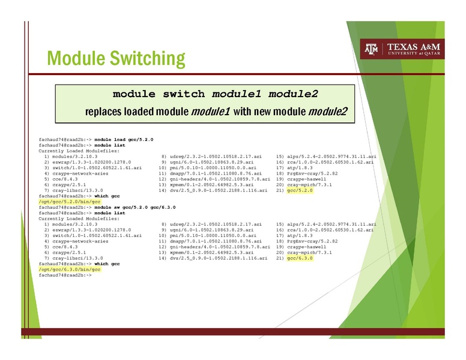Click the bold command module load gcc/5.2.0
click(x=124, y=139)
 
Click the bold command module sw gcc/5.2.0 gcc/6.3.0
click(x=135, y=207)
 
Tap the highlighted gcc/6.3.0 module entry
click(x=300, y=258)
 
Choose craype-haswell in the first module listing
click(x=306, y=179)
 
